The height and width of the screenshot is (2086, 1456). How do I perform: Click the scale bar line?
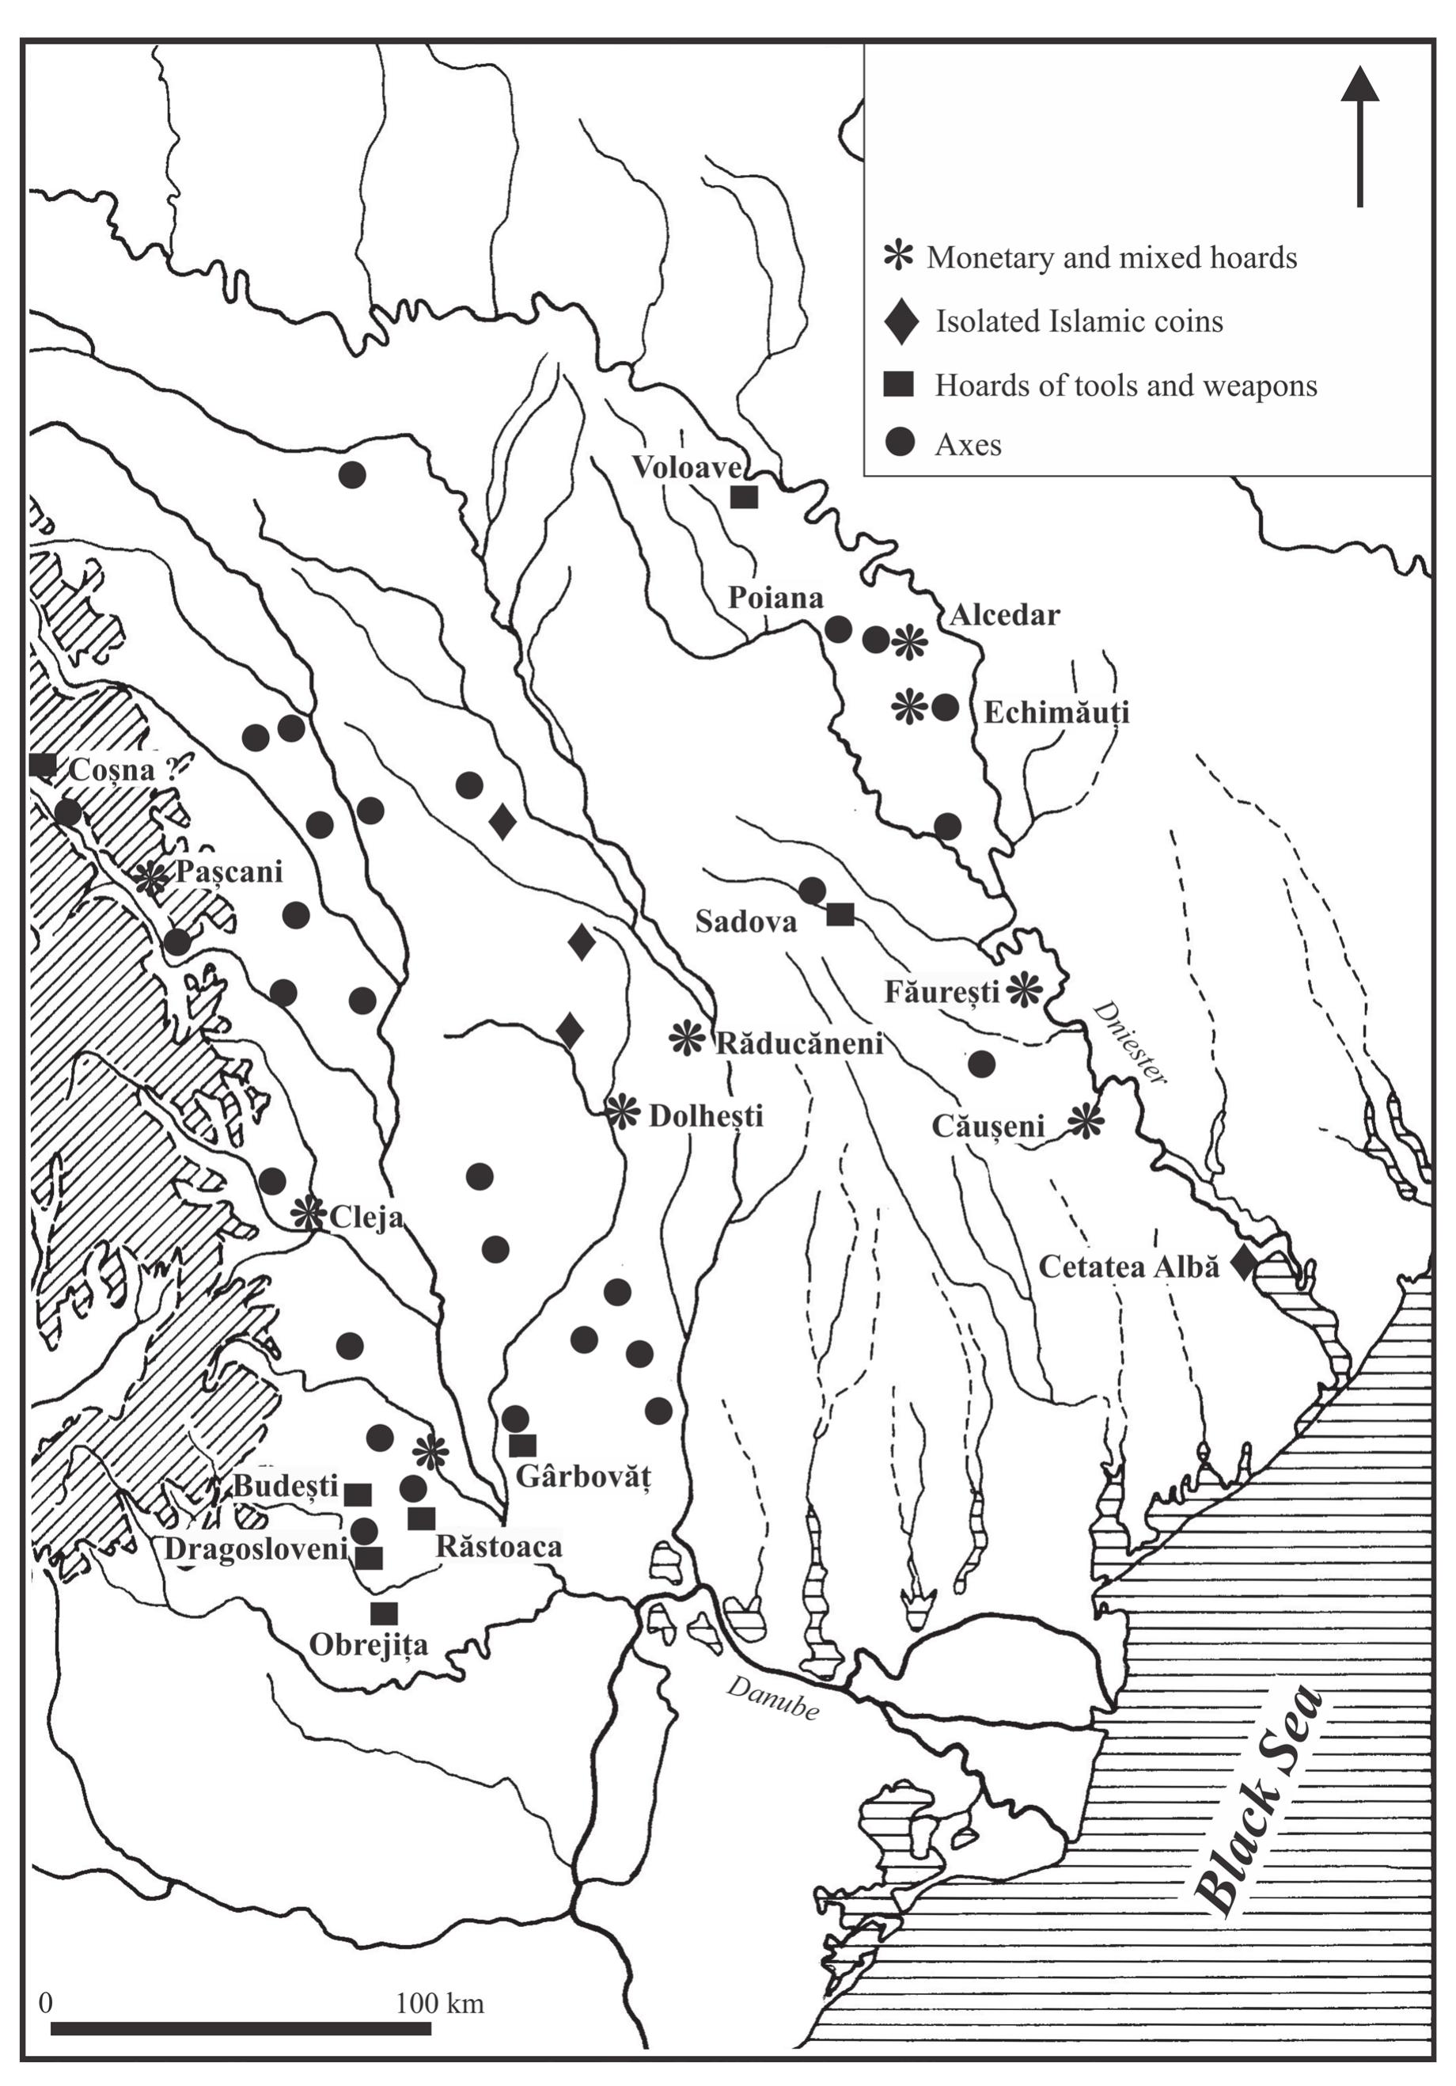(x=227, y=2028)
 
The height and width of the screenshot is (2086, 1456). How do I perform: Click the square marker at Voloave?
(x=744, y=497)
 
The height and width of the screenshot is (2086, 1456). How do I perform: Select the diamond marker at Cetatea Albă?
(x=1242, y=1263)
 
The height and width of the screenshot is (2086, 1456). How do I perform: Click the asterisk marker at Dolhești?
(x=622, y=1111)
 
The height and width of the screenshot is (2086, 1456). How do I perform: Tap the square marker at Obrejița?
(x=385, y=1613)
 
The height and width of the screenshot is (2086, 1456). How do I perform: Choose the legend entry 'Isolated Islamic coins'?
(x=1079, y=321)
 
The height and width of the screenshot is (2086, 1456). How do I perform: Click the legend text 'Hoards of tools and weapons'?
(x=1125, y=386)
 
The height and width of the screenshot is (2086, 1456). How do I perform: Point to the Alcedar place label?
(x=1005, y=615)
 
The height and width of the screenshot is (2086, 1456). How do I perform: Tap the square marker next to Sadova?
(x=840, y=914)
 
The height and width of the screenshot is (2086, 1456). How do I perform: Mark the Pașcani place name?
(x=229, y=872)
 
